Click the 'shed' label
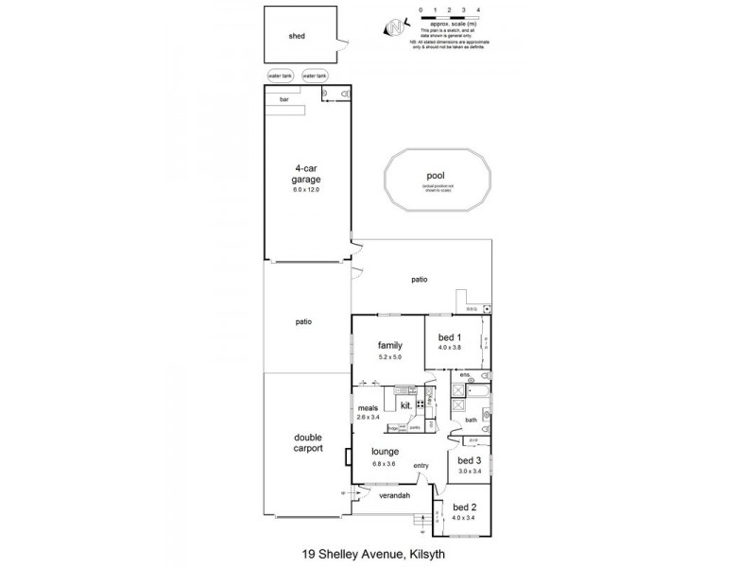coord(298,38)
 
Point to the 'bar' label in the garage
coord(283,97)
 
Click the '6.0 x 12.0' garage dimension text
coord(307,190)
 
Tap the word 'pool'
coord(436,174)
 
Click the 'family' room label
coord(390,345)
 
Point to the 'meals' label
coord(368,408)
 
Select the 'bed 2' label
coord(462,507)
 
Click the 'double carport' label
coord(308,443)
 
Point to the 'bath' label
coord(470,421)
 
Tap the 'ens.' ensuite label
coord(466,376)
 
